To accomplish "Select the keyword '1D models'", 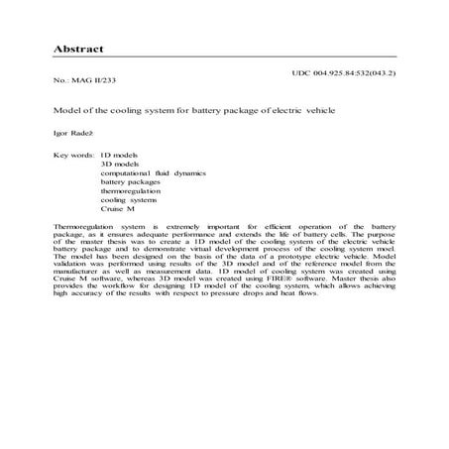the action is (x=119, y=157).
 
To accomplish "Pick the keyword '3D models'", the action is (x=120, y=166).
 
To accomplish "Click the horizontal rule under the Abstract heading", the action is (x=224, y=56).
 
